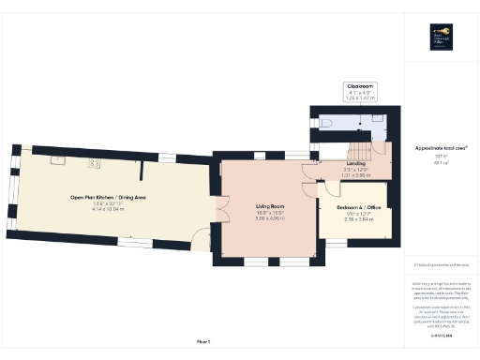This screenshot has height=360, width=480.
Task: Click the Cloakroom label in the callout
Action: [361, 85]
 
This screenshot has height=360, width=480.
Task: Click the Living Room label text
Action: [269, 205]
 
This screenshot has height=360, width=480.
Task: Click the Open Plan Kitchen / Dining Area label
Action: [109, 197]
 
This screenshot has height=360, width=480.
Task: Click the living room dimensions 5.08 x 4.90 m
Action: [269, 218]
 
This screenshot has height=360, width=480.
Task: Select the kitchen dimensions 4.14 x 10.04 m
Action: [109, 210]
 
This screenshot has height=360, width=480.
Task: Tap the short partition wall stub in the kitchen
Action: [142, 172]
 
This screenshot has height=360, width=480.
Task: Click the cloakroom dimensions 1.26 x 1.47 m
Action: [361, 97]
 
